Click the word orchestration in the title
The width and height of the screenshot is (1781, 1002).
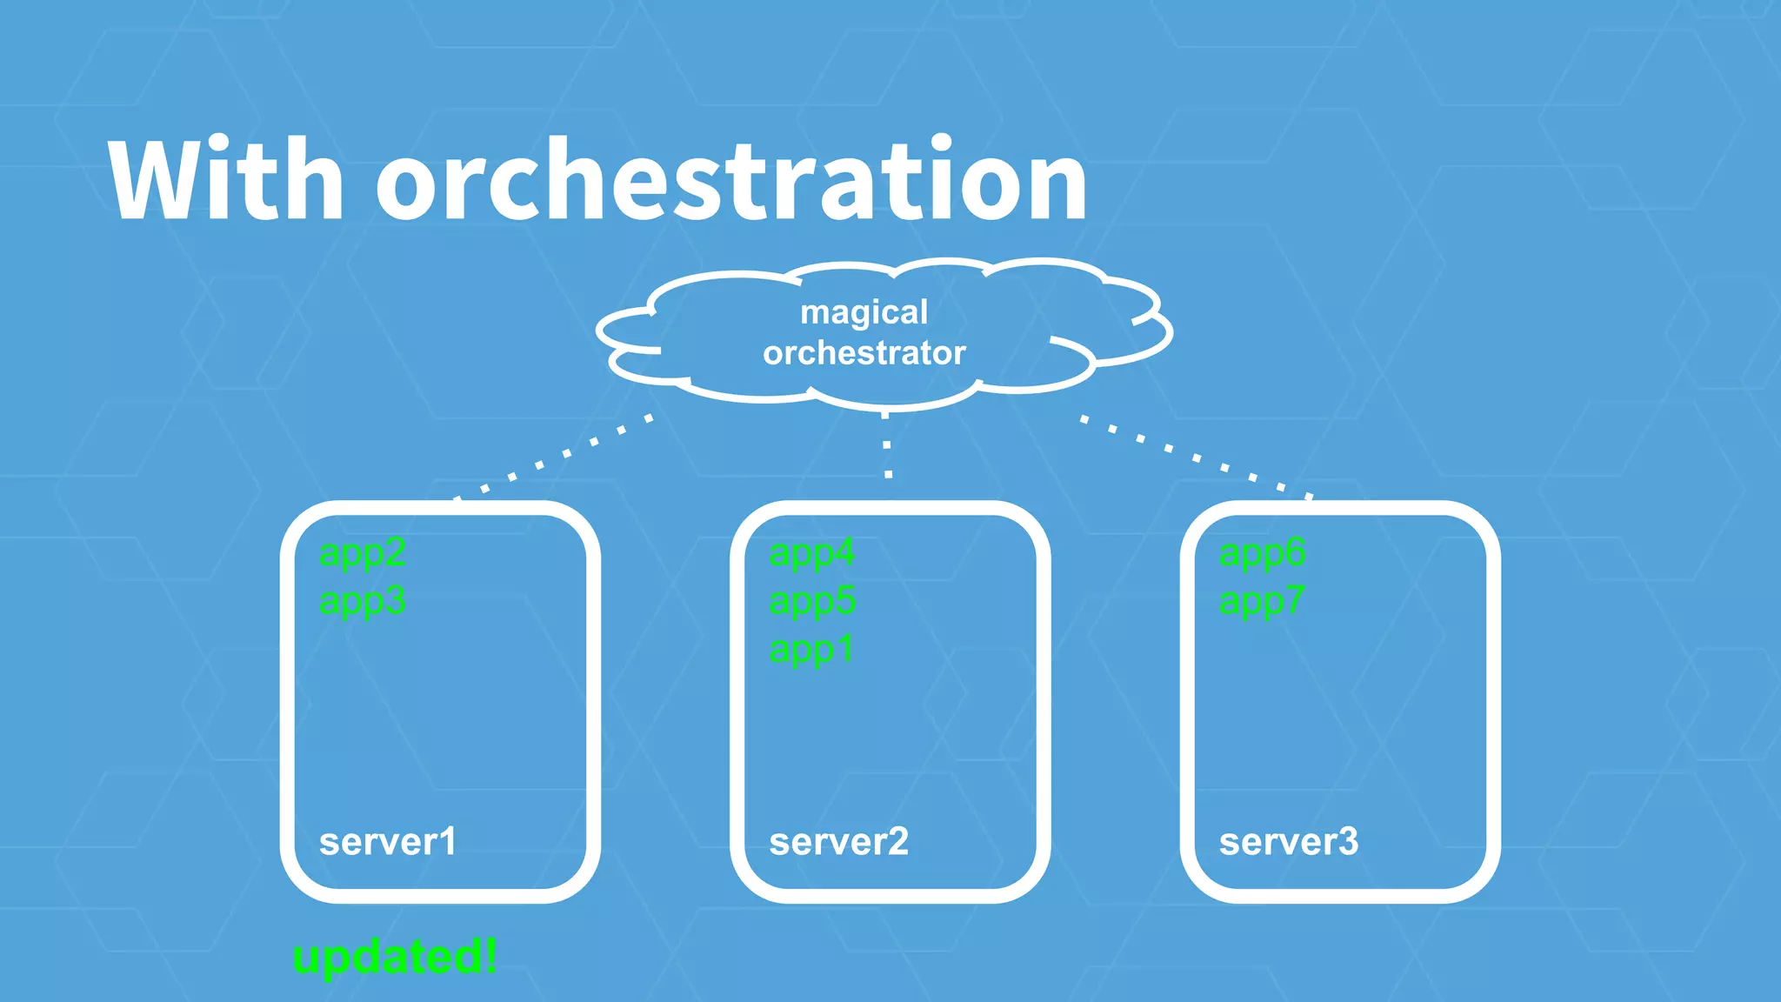(x=730, y=180)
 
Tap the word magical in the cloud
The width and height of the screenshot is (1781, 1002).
(x=864, y=312)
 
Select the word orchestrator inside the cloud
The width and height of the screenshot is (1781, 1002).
(x=864, y=353)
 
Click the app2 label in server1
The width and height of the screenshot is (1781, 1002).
(x=363, y=553)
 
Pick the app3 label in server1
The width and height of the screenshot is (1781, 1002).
(x=363, y=602)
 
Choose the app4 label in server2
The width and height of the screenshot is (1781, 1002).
(x=812, y=553)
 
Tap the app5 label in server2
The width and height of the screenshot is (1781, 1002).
(x=812, y=602)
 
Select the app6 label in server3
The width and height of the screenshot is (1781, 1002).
(x=1262, y=553)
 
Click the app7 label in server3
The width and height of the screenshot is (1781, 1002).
(x=1262, y=602)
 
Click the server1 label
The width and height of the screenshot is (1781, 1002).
(x=388, y=842)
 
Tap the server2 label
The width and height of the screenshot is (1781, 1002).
(x=838, y=842)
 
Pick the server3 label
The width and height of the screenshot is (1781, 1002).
(x=1288, y=842)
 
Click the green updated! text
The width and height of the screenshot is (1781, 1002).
(x=396, y=957)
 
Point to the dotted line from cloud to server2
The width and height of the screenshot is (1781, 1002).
(x=887, y=445)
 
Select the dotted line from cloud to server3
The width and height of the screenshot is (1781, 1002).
(x=1197, y=457)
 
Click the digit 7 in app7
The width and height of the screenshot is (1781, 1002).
(x=1294, y=600)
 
